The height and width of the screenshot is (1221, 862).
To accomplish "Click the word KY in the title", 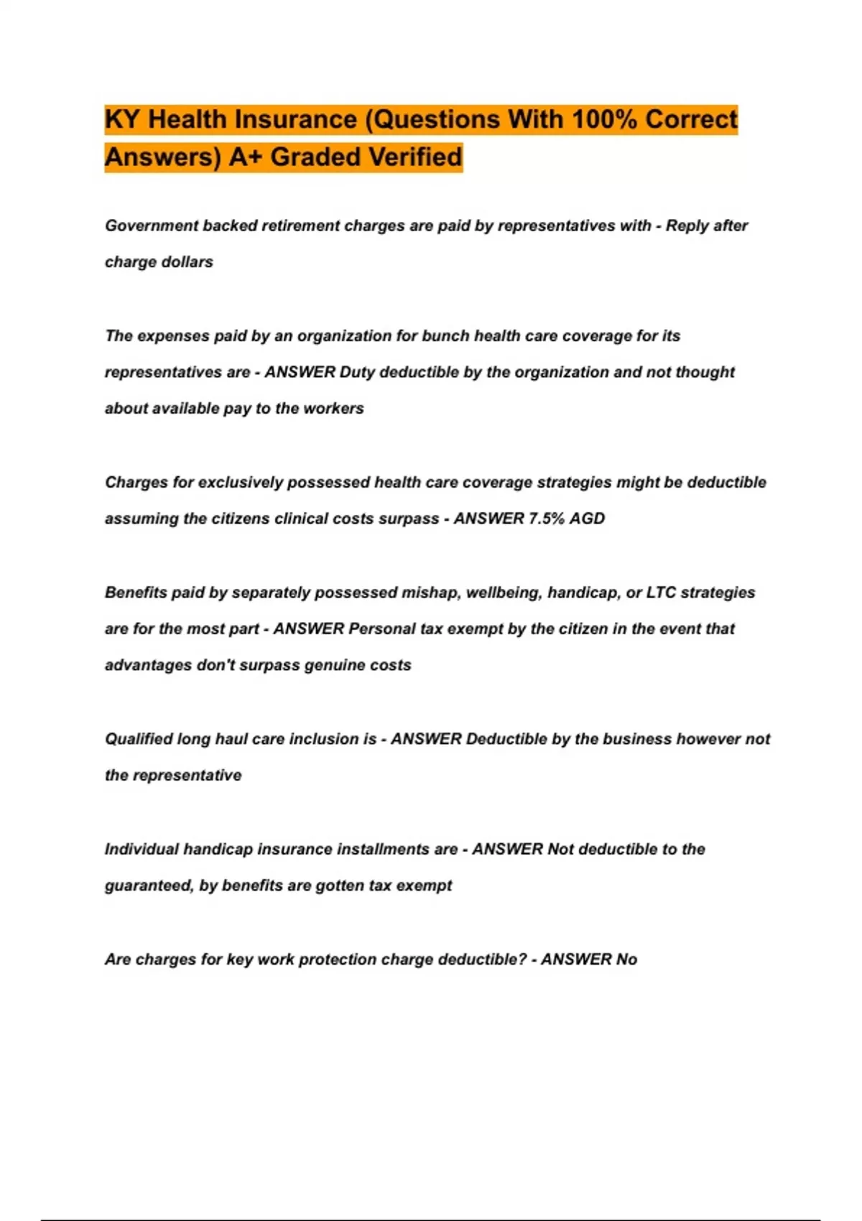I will [x=122, y=119].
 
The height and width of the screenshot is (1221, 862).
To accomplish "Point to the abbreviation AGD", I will [x=587, y=519].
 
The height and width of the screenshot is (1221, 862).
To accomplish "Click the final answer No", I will [x=626, y=960].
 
